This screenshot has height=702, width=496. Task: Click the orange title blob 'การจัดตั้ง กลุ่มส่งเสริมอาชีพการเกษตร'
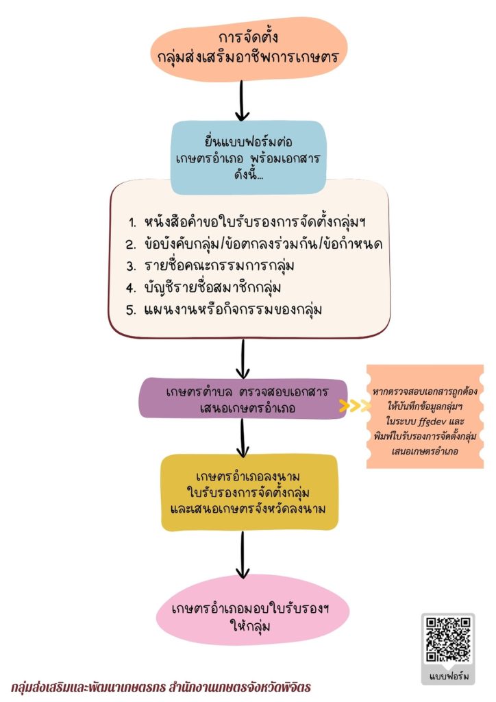[248, 49]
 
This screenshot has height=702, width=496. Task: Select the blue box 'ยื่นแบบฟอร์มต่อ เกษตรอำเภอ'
[248, 157]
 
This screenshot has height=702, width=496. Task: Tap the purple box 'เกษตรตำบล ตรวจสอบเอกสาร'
[243, 399]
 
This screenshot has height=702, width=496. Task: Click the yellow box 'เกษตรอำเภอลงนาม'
[249, 492]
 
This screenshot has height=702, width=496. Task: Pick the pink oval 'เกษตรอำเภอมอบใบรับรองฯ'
[251, 609]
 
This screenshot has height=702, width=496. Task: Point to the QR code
[447, 640]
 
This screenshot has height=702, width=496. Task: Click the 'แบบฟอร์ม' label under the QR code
[449, 676]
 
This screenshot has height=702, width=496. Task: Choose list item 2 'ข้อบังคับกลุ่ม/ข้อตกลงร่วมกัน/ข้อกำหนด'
[254, 243]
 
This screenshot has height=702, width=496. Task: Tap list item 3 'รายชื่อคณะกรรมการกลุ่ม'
[210, 265]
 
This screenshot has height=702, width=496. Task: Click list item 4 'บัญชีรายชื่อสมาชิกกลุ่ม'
[203, 287]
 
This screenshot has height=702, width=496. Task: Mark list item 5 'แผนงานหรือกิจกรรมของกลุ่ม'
[223, 309]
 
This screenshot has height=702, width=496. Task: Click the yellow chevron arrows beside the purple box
[355, 406]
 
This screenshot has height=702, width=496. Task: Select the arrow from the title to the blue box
[242, 101]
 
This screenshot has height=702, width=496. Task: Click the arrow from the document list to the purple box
[243, 359]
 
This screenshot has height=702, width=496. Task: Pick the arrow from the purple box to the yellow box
[243, 438]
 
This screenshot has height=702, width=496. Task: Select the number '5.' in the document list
[131, 310]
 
